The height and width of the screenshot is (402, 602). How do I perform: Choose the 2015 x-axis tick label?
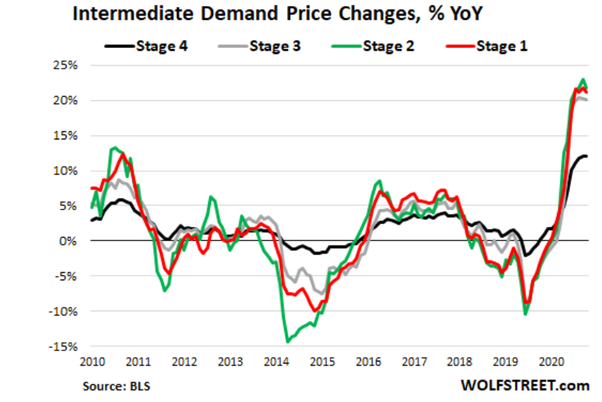(x=322, y=362)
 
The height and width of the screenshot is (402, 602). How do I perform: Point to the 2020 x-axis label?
(x=551, y=362)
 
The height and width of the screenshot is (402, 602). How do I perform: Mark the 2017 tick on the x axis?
(x=414, y=362)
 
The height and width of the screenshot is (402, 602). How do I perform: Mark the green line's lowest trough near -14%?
(x=287, y=342)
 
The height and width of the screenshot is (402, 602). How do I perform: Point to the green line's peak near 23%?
(x=583, y=80)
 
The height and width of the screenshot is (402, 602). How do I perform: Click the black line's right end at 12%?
(x=587, y=156)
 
